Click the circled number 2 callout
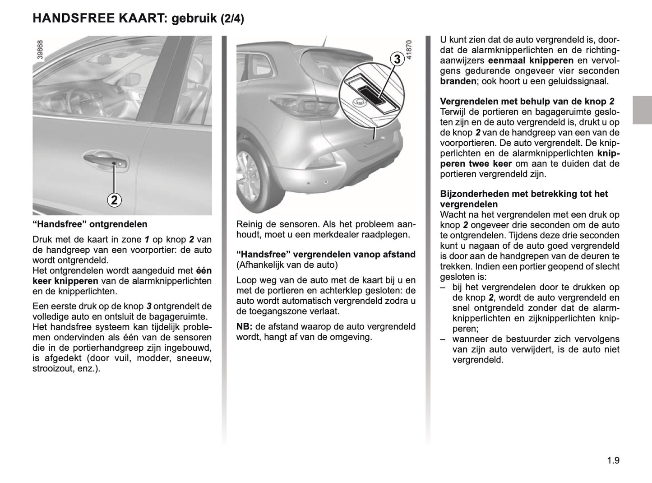[x=114, y=200]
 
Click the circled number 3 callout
[x=397, y=59]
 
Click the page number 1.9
[x=613, y=460]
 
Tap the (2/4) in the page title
[x=232, y=19]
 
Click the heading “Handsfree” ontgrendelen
[x=90, y=224]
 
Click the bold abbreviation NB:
[x=244, y=326]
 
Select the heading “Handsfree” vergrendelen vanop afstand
[x=326, y=255]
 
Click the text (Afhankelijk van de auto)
[x=287, y=265]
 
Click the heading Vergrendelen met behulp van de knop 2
[x=527, y=102]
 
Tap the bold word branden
[x=458, y=81]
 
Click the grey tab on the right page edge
[x=642, y=110]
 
